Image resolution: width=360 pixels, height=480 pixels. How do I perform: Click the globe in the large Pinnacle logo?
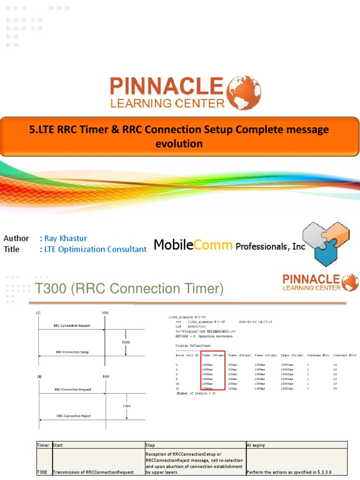pos(244,93)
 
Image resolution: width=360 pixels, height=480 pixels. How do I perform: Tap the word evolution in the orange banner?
pos(179,143)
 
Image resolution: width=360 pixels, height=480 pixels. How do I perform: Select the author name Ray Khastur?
pos(66,238)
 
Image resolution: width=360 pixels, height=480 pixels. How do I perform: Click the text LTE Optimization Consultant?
pos(96,249)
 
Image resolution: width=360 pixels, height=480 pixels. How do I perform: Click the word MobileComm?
pos(194,245)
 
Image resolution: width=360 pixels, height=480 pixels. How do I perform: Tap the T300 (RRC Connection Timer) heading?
pos(129,289)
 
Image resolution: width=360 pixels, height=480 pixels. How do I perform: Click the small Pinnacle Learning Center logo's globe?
pos(350,283)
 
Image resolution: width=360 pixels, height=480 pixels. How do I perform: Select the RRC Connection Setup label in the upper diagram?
pos(72,352)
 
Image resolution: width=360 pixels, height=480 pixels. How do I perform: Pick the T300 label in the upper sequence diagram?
pos(126,342)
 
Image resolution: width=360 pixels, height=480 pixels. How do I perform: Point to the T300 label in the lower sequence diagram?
pos(127,406)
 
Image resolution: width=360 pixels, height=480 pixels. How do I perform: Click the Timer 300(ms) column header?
pos(213,355)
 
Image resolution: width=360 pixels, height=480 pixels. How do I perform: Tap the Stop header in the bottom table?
pos(150,445)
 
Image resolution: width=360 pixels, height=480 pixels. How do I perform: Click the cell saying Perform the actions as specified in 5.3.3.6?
pos(289,472)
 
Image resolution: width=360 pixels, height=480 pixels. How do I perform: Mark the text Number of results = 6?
pos(196,393)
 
